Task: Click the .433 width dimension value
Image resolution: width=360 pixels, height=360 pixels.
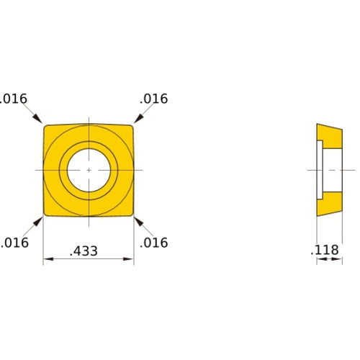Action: point(84,251)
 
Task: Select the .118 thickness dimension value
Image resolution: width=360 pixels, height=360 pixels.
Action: point(324,250)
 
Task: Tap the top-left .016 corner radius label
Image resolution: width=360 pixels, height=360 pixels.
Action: point(13,99)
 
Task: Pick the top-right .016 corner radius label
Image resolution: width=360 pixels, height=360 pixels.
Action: point(153,99)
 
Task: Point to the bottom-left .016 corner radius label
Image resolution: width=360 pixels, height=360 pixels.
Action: point(14,243)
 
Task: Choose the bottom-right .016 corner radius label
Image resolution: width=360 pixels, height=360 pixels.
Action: point(153,243)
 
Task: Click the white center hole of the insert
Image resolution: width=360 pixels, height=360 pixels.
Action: point(89,171)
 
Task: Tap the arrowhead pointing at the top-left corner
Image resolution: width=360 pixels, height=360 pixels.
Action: point(37,119)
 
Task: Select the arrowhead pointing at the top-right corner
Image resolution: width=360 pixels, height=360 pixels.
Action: point(139,118)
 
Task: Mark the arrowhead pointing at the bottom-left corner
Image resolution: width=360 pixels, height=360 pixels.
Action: point(37,221)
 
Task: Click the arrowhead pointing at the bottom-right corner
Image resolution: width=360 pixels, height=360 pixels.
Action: point(139,221)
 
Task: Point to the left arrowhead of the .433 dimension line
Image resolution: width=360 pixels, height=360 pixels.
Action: point(48,259)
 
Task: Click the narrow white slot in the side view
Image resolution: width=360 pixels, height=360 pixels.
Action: point(320,170)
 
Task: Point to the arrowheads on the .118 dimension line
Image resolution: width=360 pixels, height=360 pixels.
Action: point(329,259)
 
